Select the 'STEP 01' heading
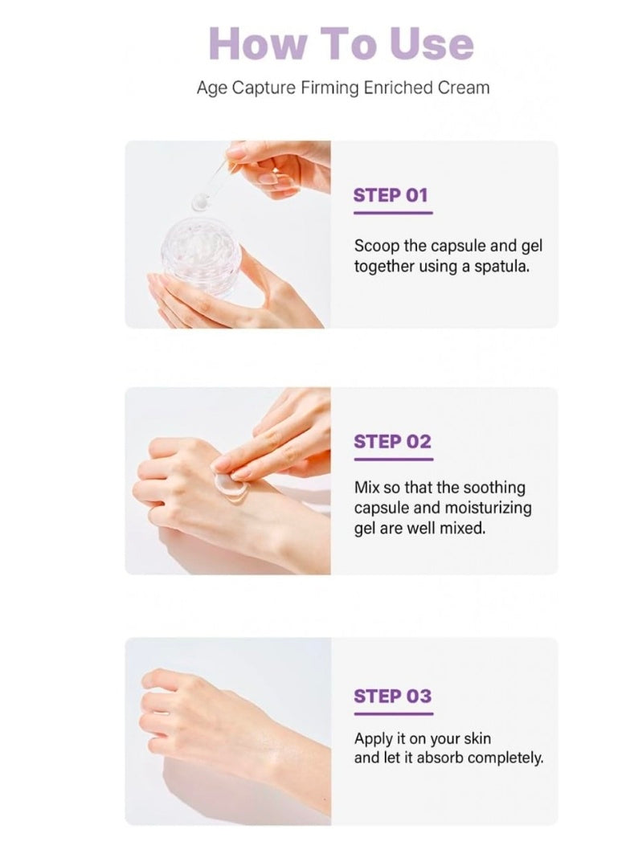pos(391,195)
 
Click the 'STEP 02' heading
pos(392,441)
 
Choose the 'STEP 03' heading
pos(392,696)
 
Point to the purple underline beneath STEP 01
pos(393,213)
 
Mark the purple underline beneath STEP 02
pos(393,459)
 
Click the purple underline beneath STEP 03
pos(393,713)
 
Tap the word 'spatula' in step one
pos(503,266)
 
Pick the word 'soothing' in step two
pos(496,488)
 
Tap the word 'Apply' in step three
pos(373,737)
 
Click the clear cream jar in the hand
pos(202,248)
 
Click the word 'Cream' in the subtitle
pos(464,88)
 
